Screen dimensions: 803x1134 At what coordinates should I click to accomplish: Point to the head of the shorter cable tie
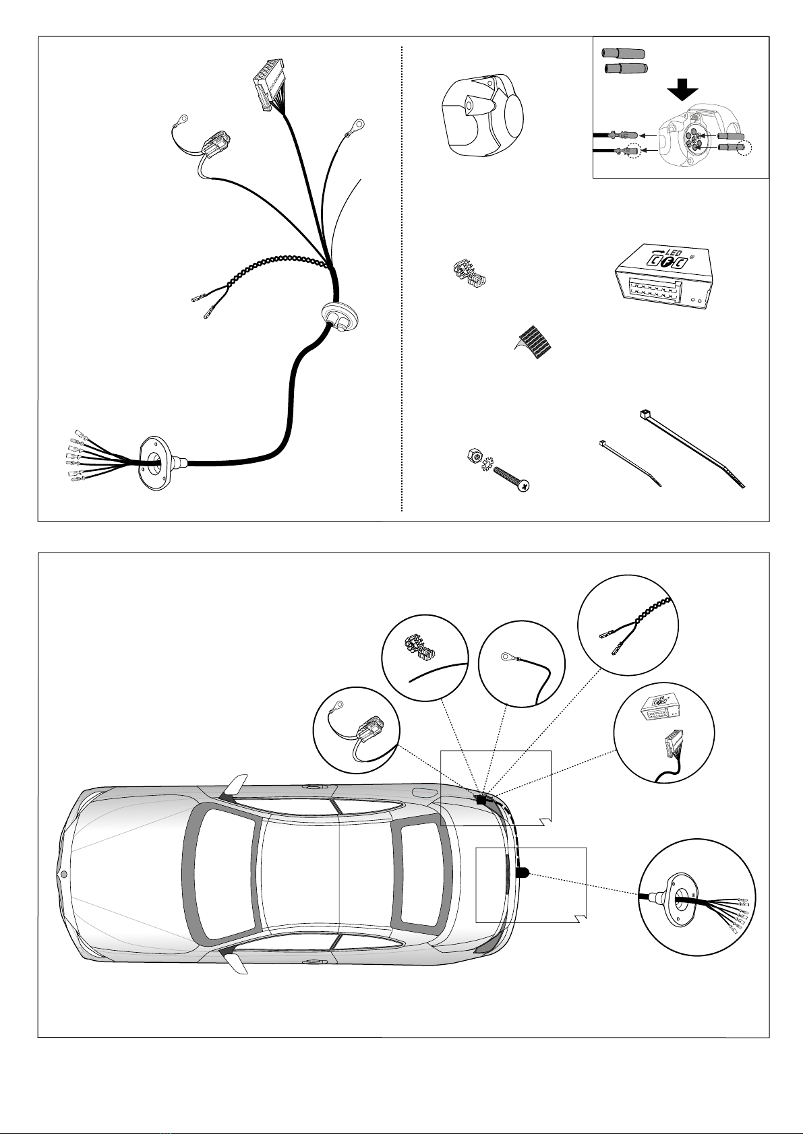click(600, 443)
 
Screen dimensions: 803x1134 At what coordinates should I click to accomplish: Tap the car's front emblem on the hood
click(64, 875)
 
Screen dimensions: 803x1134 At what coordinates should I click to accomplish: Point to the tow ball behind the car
click(523, 873)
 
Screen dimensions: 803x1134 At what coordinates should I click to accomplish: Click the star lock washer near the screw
click(484, 465)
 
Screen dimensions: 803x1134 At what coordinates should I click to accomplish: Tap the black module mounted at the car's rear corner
click(481, 800)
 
